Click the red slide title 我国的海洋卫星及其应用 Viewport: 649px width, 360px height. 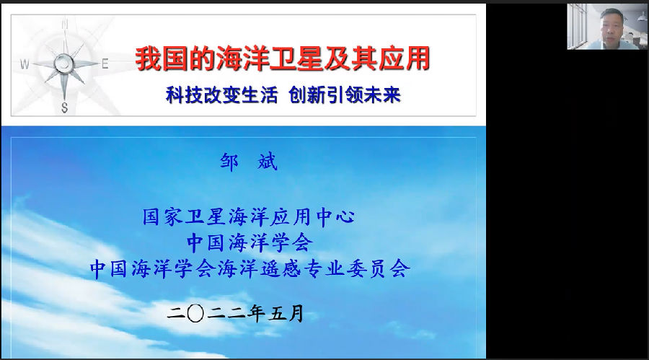click(x=283, y=58)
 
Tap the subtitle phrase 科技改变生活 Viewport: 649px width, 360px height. click(x=222, y=95)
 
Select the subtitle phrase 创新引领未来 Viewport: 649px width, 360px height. click(x=345, y=95)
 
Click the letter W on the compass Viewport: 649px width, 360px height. click(x=25, y=64)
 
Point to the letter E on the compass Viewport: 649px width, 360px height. click(x=105, y=63)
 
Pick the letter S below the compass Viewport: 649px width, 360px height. click(x=65, y=107)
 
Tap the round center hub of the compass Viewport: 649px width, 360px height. click(x=63, y=63)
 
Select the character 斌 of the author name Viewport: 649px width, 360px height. click(x=268, y=162)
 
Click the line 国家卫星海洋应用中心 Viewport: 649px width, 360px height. click(x=249, y=216)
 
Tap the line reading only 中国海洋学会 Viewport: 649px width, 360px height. click(x=250, y=242)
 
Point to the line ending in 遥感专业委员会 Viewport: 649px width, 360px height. click(x=250, y=268)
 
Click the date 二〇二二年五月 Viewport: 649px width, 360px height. click(x=236, y=314)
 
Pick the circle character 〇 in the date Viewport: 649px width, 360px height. click(x=195, y=314)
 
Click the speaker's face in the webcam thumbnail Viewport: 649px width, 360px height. click(x=612, y=26)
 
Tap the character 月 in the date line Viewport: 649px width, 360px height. click(x=296, y=314)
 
